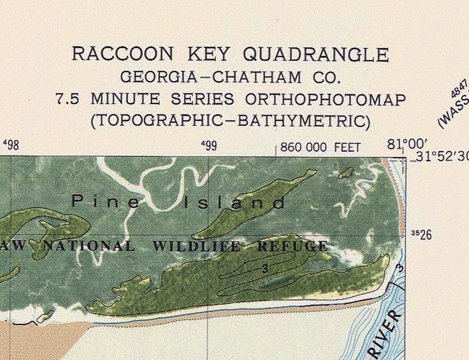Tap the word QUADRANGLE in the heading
[316, 54]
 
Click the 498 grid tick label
[11, 145]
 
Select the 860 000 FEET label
[320, 147]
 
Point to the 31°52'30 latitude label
[439, 156]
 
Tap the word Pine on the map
[107, 202]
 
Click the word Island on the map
[235, 204]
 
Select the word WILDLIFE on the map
[197, 246]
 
